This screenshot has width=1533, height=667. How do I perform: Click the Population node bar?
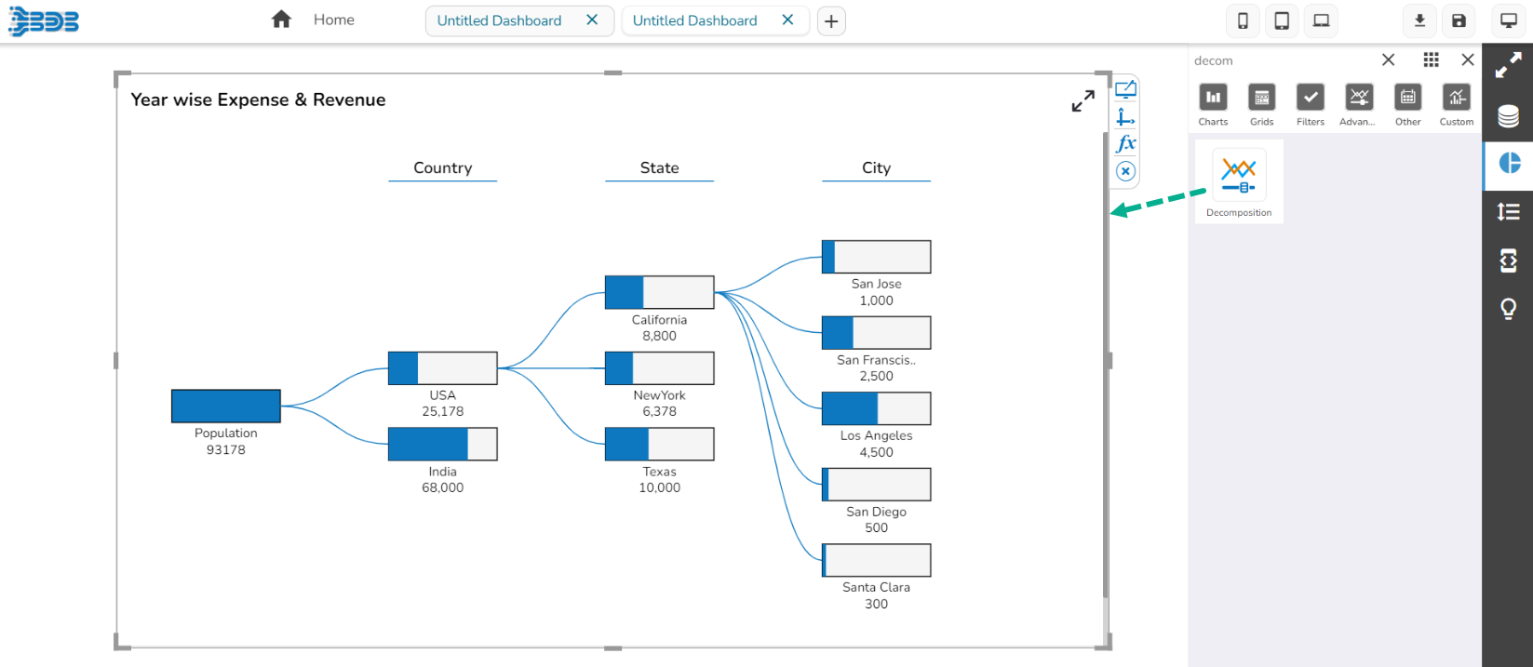[226, 407]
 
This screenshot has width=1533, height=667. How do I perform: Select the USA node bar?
[443, 368]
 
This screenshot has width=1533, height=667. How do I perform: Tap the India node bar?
[443, 445]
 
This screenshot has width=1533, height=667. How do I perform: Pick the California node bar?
[660, 292]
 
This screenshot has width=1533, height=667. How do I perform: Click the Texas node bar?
[660, 445]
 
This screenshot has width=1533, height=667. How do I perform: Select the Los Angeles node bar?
[877, 408]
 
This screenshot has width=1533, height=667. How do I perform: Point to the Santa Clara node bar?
[877, 560]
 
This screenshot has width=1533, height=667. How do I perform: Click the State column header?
[660, 167]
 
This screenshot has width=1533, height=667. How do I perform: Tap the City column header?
[877, 167]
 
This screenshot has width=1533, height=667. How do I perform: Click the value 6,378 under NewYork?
[660, 411]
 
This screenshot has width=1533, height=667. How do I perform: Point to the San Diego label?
[877, 512]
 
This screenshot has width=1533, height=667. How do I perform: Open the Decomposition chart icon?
[1239, 174]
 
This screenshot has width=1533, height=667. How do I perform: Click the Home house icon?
[281, 20]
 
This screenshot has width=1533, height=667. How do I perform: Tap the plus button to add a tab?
[831, 21]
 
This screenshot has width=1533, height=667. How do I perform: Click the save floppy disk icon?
[1459, 20]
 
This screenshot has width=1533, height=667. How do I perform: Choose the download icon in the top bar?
[1419, 20]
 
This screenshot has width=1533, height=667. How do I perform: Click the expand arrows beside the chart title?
[1083, 101]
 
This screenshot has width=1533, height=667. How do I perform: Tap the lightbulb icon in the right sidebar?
[1508, 309]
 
